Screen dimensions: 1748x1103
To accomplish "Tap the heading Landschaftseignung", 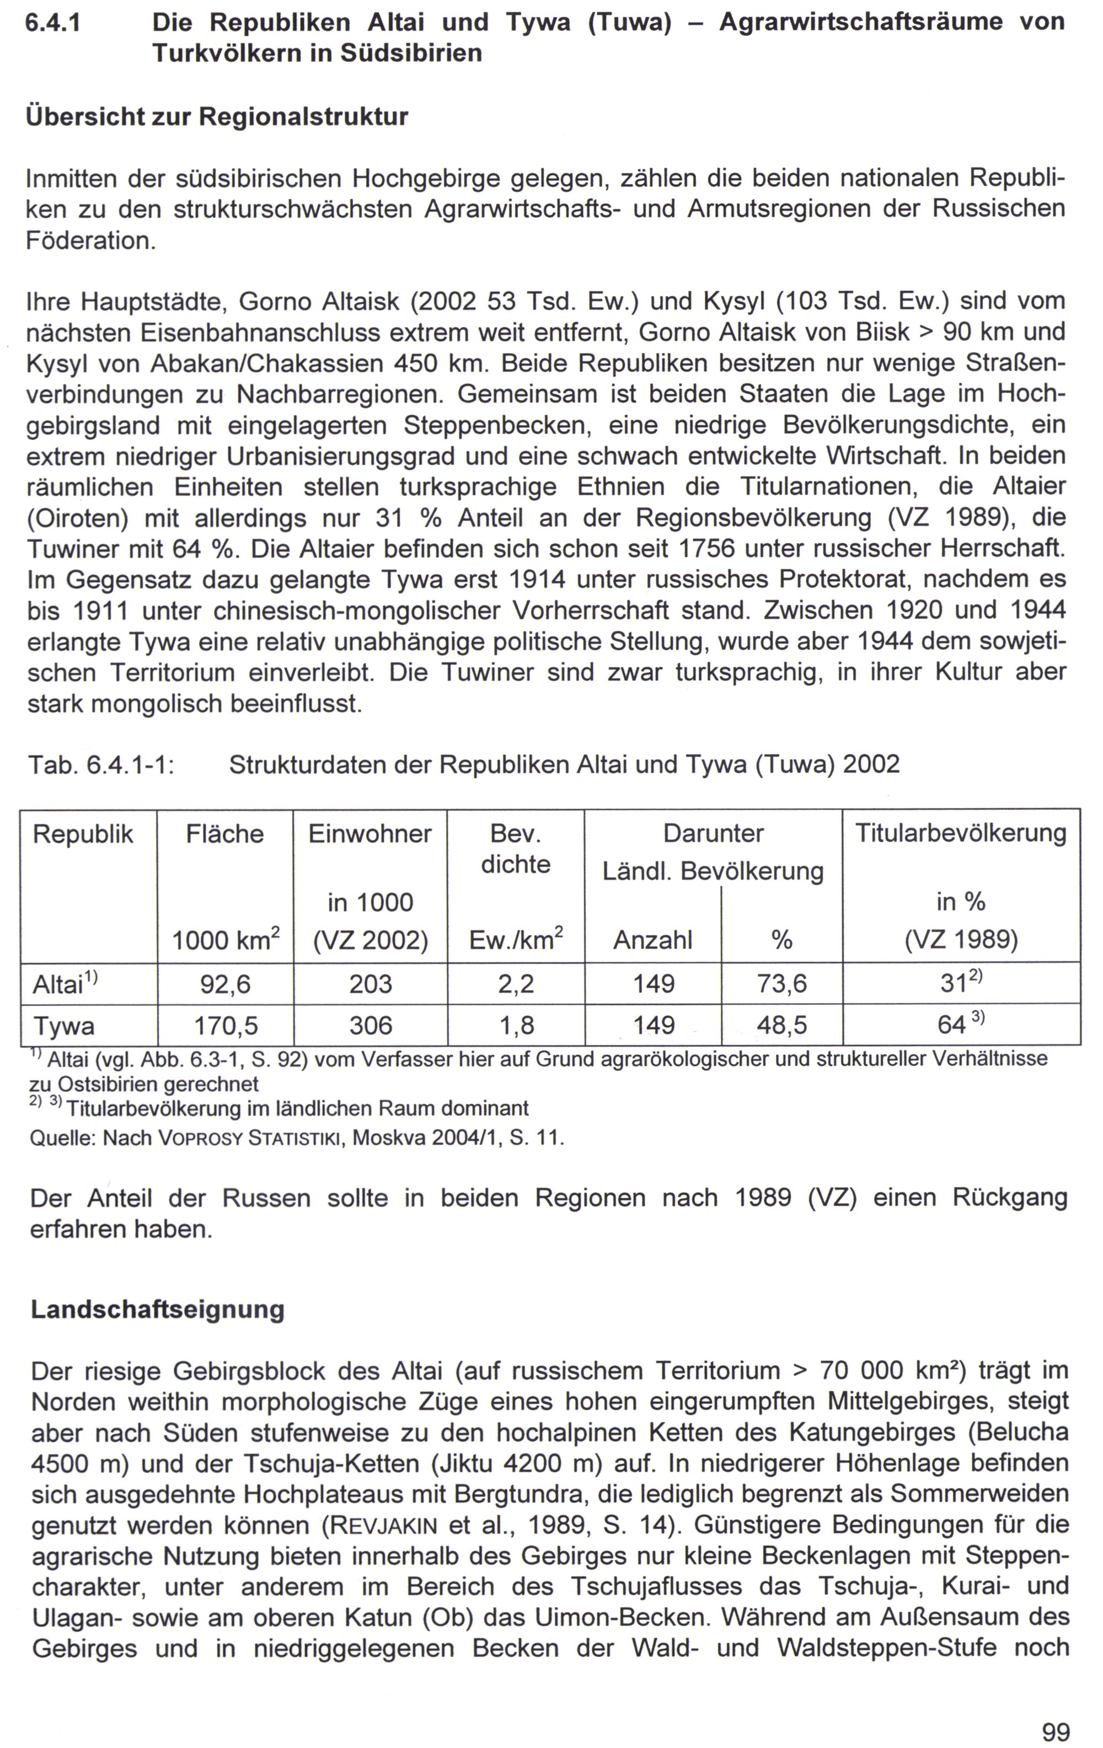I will (158, 1310).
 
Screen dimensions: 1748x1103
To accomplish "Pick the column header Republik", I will (83, 834).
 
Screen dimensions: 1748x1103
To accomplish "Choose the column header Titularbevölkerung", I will (960, 833).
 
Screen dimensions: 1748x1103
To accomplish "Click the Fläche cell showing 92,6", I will (225, 984).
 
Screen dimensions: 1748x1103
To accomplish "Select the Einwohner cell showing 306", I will (370, 1025).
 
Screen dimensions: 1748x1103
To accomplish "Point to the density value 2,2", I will (516, 984).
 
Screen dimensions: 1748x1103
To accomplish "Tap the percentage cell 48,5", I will (781, 1025).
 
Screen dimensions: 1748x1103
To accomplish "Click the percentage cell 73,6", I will (781, 984).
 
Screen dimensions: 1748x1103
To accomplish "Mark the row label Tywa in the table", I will (64, 1026).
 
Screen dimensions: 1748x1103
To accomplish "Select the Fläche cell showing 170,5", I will (225, 1025).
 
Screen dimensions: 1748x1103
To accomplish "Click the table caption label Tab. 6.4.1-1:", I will (101, 764).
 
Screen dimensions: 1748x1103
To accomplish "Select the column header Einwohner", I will (370, 834).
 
